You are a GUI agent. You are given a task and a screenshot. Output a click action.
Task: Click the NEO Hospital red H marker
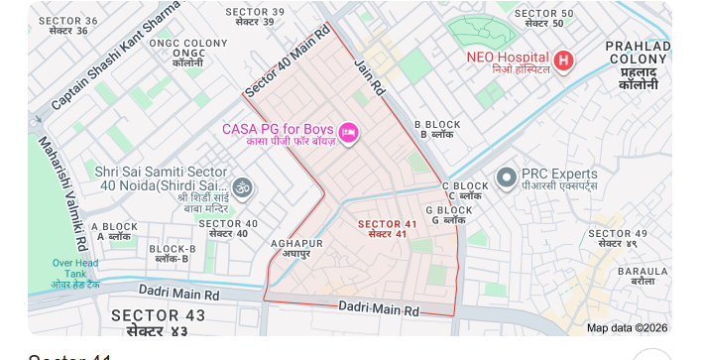pos(563,60)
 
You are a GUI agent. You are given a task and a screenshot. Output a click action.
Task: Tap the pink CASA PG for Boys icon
pos(348,132)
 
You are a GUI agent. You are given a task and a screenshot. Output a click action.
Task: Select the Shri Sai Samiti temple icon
pos(242,186)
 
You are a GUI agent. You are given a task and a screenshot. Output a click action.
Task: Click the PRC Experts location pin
pos(507,178)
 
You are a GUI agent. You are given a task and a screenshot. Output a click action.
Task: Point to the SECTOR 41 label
pos(387,228)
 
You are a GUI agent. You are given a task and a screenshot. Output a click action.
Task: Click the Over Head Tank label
pos(75,273)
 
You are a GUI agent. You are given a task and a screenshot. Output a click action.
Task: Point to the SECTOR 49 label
pos(617,238)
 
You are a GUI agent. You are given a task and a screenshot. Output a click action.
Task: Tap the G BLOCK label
pos(449,214)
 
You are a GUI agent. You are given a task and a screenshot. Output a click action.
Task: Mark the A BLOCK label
pos(114,232)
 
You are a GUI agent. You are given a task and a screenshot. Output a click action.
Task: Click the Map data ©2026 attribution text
pos(627,327)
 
